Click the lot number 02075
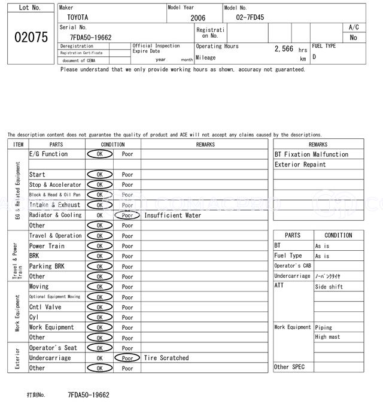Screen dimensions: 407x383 pyautogui.click(x=31, y=37)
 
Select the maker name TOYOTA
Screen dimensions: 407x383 pyautogui.click(x=77, y=17)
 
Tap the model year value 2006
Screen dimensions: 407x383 pyautogui.click(x=197, y=18)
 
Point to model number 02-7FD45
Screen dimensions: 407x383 pyautogui.click(x=250, y=17)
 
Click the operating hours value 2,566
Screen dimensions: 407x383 pyautogui.click(x=284, y=49)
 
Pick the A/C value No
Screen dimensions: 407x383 pyautogui.click(x=354, y=37)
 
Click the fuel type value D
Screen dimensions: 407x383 pyautogui.click(x=314, y=57)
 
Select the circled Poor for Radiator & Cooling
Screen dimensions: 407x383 pyautogui.click(x=127, y=215)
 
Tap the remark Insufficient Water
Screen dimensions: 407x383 pyautogui.click(x=173, y=215)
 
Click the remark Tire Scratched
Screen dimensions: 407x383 pyautogui.click(x=166, y=358)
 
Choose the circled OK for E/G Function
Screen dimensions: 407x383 pyautogui.click(x=100, y=154)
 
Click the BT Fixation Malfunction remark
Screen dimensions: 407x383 pyautogui.click(x=311, y=154)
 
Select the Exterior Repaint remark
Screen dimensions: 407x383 pyautogui.click(x=300, y=165)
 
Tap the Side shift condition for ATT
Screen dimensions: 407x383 pyautogui.click(x=329, y=287)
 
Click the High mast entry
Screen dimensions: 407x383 pyautogui.click(x=327, y=337)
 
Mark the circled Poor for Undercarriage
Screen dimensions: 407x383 pyautogui.click(x=127, y=358)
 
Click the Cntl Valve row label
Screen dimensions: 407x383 pyautogui.click(x=45, y=307)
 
